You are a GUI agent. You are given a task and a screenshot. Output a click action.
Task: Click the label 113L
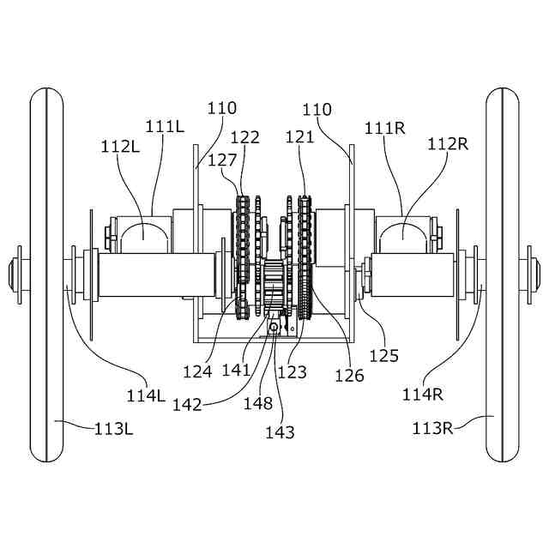(114, 429)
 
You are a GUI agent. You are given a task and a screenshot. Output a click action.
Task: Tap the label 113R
(432, 428)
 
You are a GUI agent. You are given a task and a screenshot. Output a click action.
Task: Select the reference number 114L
(146, 396)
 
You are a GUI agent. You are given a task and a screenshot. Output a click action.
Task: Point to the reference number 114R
(423, 395)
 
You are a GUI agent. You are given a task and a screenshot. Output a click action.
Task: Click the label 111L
(165, 126)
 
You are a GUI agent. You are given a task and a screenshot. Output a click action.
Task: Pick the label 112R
(448, 143)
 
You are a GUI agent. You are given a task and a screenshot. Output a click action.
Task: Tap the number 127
(222, 160)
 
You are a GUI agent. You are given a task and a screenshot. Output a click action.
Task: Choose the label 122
(245, 137)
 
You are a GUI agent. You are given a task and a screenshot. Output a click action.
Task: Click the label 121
(300, 136)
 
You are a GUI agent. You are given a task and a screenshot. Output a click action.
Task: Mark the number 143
(281, 432)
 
